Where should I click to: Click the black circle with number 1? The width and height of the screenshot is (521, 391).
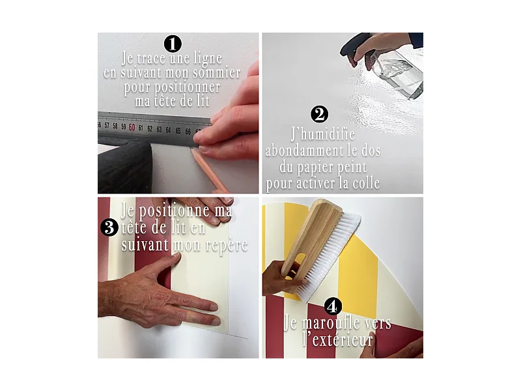pyautogui.click(x=173, y=44)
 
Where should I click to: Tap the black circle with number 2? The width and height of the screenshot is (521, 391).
pyautogui.click(x=319, y=115)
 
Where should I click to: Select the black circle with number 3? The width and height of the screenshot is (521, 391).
pyautogui.click(x=109, y=228)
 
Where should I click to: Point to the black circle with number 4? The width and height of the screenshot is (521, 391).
pyautogui.click(x=333, y=306)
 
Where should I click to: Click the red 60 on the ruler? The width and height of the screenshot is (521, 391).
pyautogui.click(x=132, y=127)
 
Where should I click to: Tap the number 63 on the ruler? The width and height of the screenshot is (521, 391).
pyautogui.click(x=159, y=129)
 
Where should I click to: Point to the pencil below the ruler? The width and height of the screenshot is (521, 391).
pyautogui.click(x=209, y=169)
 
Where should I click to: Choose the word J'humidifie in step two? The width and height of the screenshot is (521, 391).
pyautogui.click(x=323, y=134)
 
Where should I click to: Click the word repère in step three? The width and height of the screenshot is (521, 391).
pyautogui.click(x=227, y=246)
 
